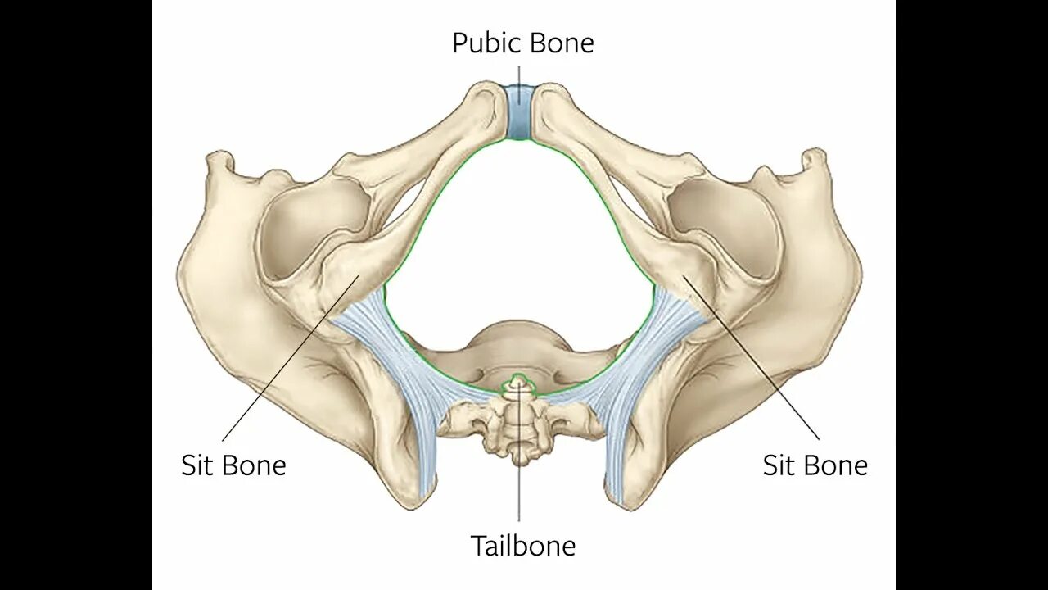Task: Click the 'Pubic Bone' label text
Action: point(522,43)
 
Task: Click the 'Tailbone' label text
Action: point(522,546)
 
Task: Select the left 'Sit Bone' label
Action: point(233,465)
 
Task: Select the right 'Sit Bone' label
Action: point(815,465)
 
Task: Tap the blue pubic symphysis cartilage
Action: point(517,112)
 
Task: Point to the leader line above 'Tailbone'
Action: point(518,500)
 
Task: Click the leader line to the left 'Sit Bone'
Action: point(287,361)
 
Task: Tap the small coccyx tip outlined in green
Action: point(517,383)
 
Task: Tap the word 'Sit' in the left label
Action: point(196,465)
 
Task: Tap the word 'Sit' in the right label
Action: point(778,465)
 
